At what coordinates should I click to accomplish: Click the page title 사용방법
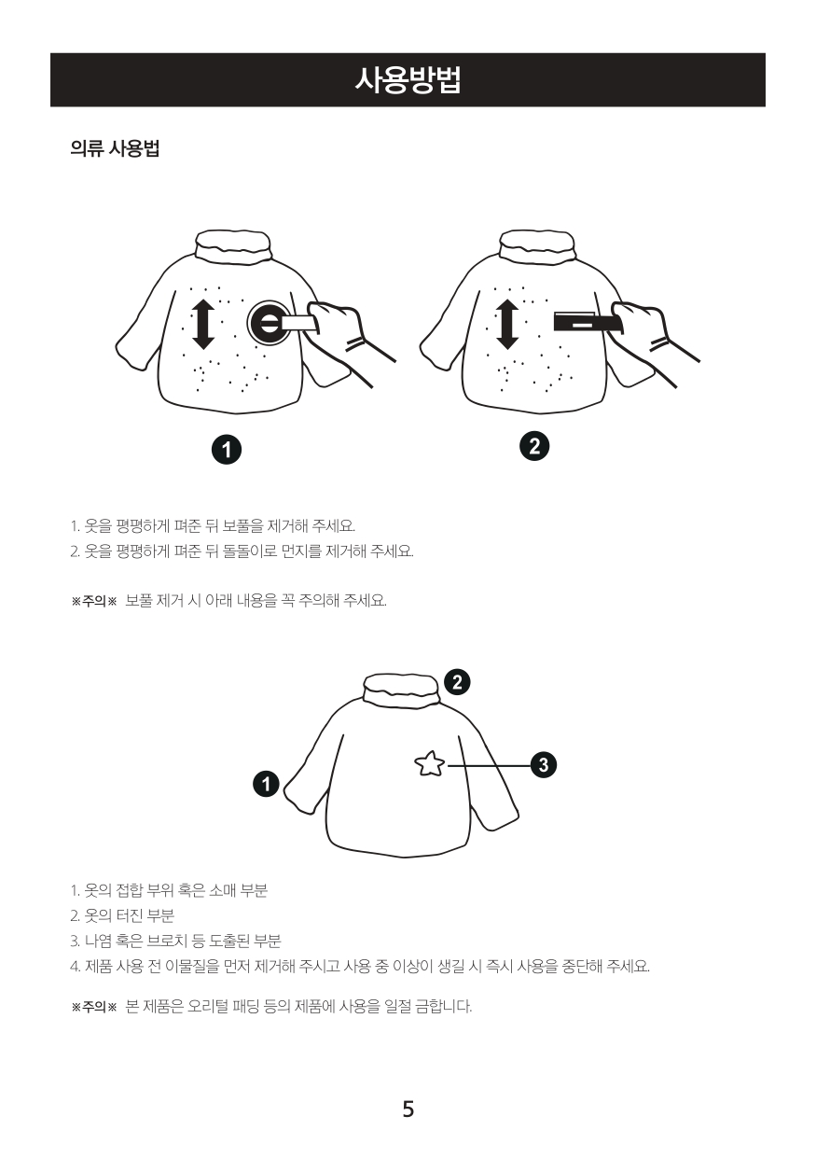[408, 80]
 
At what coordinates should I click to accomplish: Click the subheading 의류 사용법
[114, 148]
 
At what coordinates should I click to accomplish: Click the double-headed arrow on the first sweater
[203, 324]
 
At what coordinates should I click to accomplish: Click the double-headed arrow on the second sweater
[507, 324]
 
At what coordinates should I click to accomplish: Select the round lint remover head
[270, 324]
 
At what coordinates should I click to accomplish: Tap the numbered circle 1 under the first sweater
[227, 450]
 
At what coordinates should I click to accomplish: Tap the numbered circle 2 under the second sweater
[534, 446]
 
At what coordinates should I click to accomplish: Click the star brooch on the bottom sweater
[429, 764]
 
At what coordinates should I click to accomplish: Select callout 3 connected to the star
[544, 764]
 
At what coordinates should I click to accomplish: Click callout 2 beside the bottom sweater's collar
[457, 682]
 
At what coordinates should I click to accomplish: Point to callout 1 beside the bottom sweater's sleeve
[266, 784]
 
